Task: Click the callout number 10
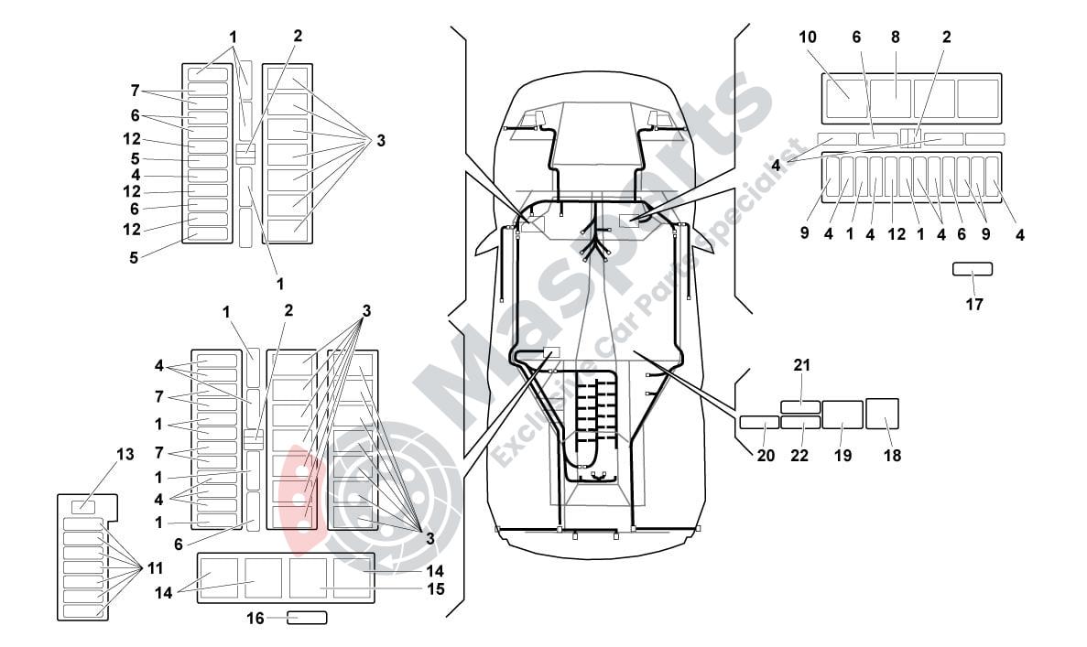coord(807,38)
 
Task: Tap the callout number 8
coord(895,38)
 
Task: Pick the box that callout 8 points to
coord(890,98)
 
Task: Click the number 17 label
coord(973,305)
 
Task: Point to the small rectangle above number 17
coord(972,269)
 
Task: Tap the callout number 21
coord(802,366)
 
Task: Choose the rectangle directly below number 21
coord(799,405)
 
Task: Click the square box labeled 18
coord(882,414)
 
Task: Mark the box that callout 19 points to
coord(842,415)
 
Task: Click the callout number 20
coord(766,455)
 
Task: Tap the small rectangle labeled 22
coord(800,423)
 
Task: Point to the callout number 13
coord(125,454)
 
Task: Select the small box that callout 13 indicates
coord(83,505)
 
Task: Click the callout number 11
coord(155,567)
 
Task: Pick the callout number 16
coord(255,619)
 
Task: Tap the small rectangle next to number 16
coord(308,618)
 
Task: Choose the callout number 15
coord(436,588)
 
